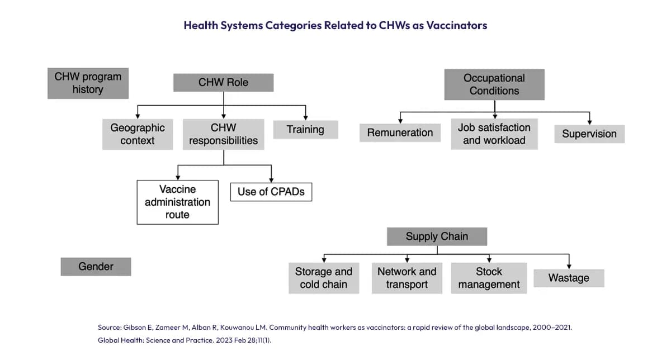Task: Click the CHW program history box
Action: click(88, 83)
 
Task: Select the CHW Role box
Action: click(223, 83)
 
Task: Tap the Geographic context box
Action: click(138, 134)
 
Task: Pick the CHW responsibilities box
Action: click(223, 134)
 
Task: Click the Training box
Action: click(305, 130)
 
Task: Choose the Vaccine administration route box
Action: click(177, 202)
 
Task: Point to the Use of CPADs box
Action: click(271, 192)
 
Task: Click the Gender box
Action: click(96, 267)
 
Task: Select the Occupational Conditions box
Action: click(494, 84)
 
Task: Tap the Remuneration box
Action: click(400, 132)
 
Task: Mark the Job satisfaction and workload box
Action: click(494, 134)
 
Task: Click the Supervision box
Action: click(589, 134)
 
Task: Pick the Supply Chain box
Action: click(437, 236)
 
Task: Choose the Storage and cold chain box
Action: click(324, 278)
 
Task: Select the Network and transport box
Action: click(407, 278)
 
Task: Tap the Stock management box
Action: click(489, 278)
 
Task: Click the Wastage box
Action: click(569, 278)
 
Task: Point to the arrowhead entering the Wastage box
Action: click(569, 266)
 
